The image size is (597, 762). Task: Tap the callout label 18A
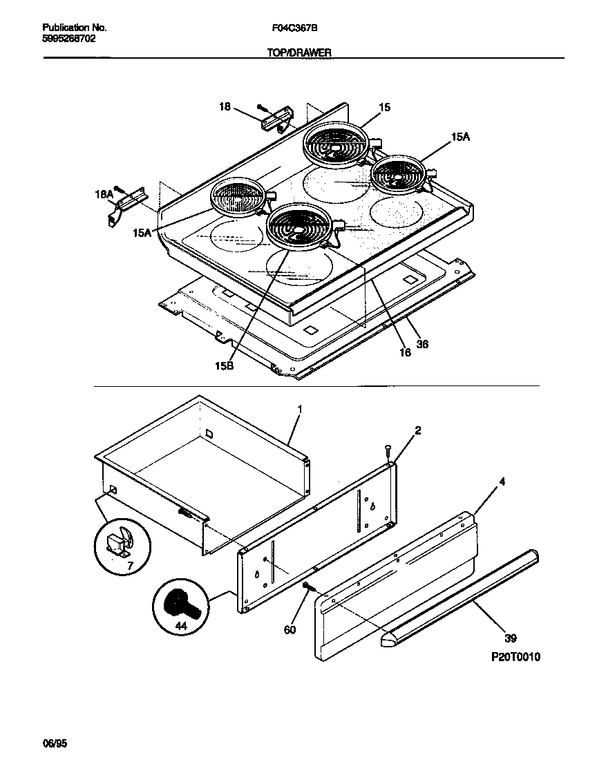pyautogui.click(x=103, y=196)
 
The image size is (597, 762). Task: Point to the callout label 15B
pyautogui.click(x=224, y=366)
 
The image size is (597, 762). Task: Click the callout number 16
pyautogui.click(x=405, y=352)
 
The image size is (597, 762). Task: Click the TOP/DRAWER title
pyautogui.click(x=299, y=53)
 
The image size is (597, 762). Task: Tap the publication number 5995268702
pyautogui.click(x=69, y=39)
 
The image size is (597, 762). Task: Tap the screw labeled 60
pyautogui.click(x=306, y=587)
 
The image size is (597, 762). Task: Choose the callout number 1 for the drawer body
pyautogui.click(x=300, y=410)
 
